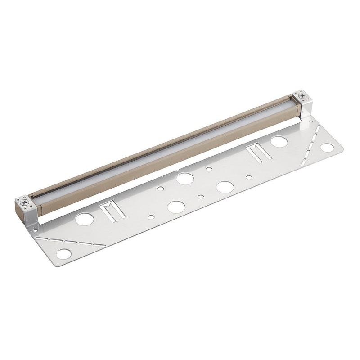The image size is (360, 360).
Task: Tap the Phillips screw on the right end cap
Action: (x=301, y=96)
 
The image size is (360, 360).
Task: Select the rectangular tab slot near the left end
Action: (x=109, y=211)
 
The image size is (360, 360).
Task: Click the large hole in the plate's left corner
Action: (x=63, y=254)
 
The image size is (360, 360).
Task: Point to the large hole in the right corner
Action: (x=327, y=148)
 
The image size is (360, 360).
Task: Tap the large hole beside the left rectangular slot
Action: (x=85, y=219)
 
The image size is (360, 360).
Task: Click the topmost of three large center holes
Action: (x=184, y=178)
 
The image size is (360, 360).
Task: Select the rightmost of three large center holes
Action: (x=224, y=186)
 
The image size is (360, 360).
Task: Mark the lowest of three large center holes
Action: (x=176, y=207)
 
